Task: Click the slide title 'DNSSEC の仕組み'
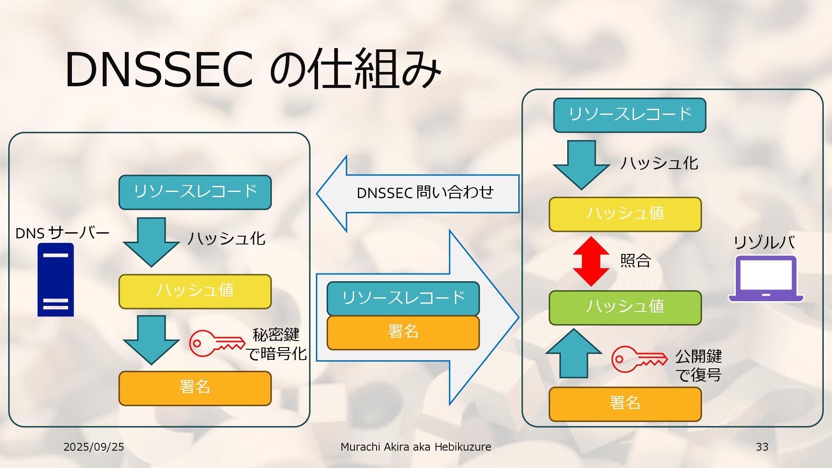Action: click(x=253, y=69)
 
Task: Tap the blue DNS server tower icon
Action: click(x=55, y=279)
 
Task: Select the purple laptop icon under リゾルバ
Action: click(x=766, y=279)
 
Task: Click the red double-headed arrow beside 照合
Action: click(x=591, y=261)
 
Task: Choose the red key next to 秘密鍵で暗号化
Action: click(x=217, y=343)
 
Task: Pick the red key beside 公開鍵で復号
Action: click(x=639, y=359)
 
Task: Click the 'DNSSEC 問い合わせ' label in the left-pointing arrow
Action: click(x=425, y=193)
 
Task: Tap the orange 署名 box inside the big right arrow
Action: click(x=403, y=332)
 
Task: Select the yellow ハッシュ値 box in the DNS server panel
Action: click(x=195, y=291)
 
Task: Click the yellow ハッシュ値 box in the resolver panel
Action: click(x=625, y=214)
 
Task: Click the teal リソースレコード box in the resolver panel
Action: click(x=630, y=115)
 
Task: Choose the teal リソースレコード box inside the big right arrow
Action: click(x=403, y=298)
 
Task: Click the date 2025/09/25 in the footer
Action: click(x=94, y=447)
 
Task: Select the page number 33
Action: click(x=762, y=447)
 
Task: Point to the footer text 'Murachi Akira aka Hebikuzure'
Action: click(x=416, y=447)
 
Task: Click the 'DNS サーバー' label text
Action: click(x=62, y=233)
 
